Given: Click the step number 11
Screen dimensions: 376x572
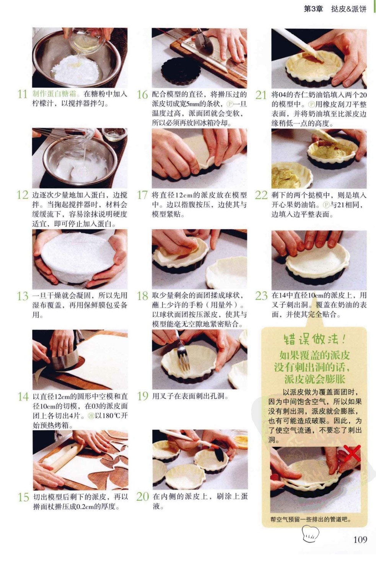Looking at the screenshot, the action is tap(22, 94).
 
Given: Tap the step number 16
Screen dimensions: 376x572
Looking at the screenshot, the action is tap(142, 95).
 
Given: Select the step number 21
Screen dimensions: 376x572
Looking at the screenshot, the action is tap(261, 95).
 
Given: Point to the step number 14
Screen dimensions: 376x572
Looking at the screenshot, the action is tap(23, 397).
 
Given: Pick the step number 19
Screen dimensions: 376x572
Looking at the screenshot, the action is tap(143, 396).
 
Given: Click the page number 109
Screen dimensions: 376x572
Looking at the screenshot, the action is tap(360, 539).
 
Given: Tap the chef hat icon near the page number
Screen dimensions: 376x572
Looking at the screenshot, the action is tap(310, 534).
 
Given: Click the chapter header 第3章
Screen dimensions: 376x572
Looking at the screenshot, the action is tap(313, 9).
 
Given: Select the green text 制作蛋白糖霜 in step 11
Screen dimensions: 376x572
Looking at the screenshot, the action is tap(54, 94).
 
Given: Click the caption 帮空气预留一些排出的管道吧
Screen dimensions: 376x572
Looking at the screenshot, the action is tap(311, 519).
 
